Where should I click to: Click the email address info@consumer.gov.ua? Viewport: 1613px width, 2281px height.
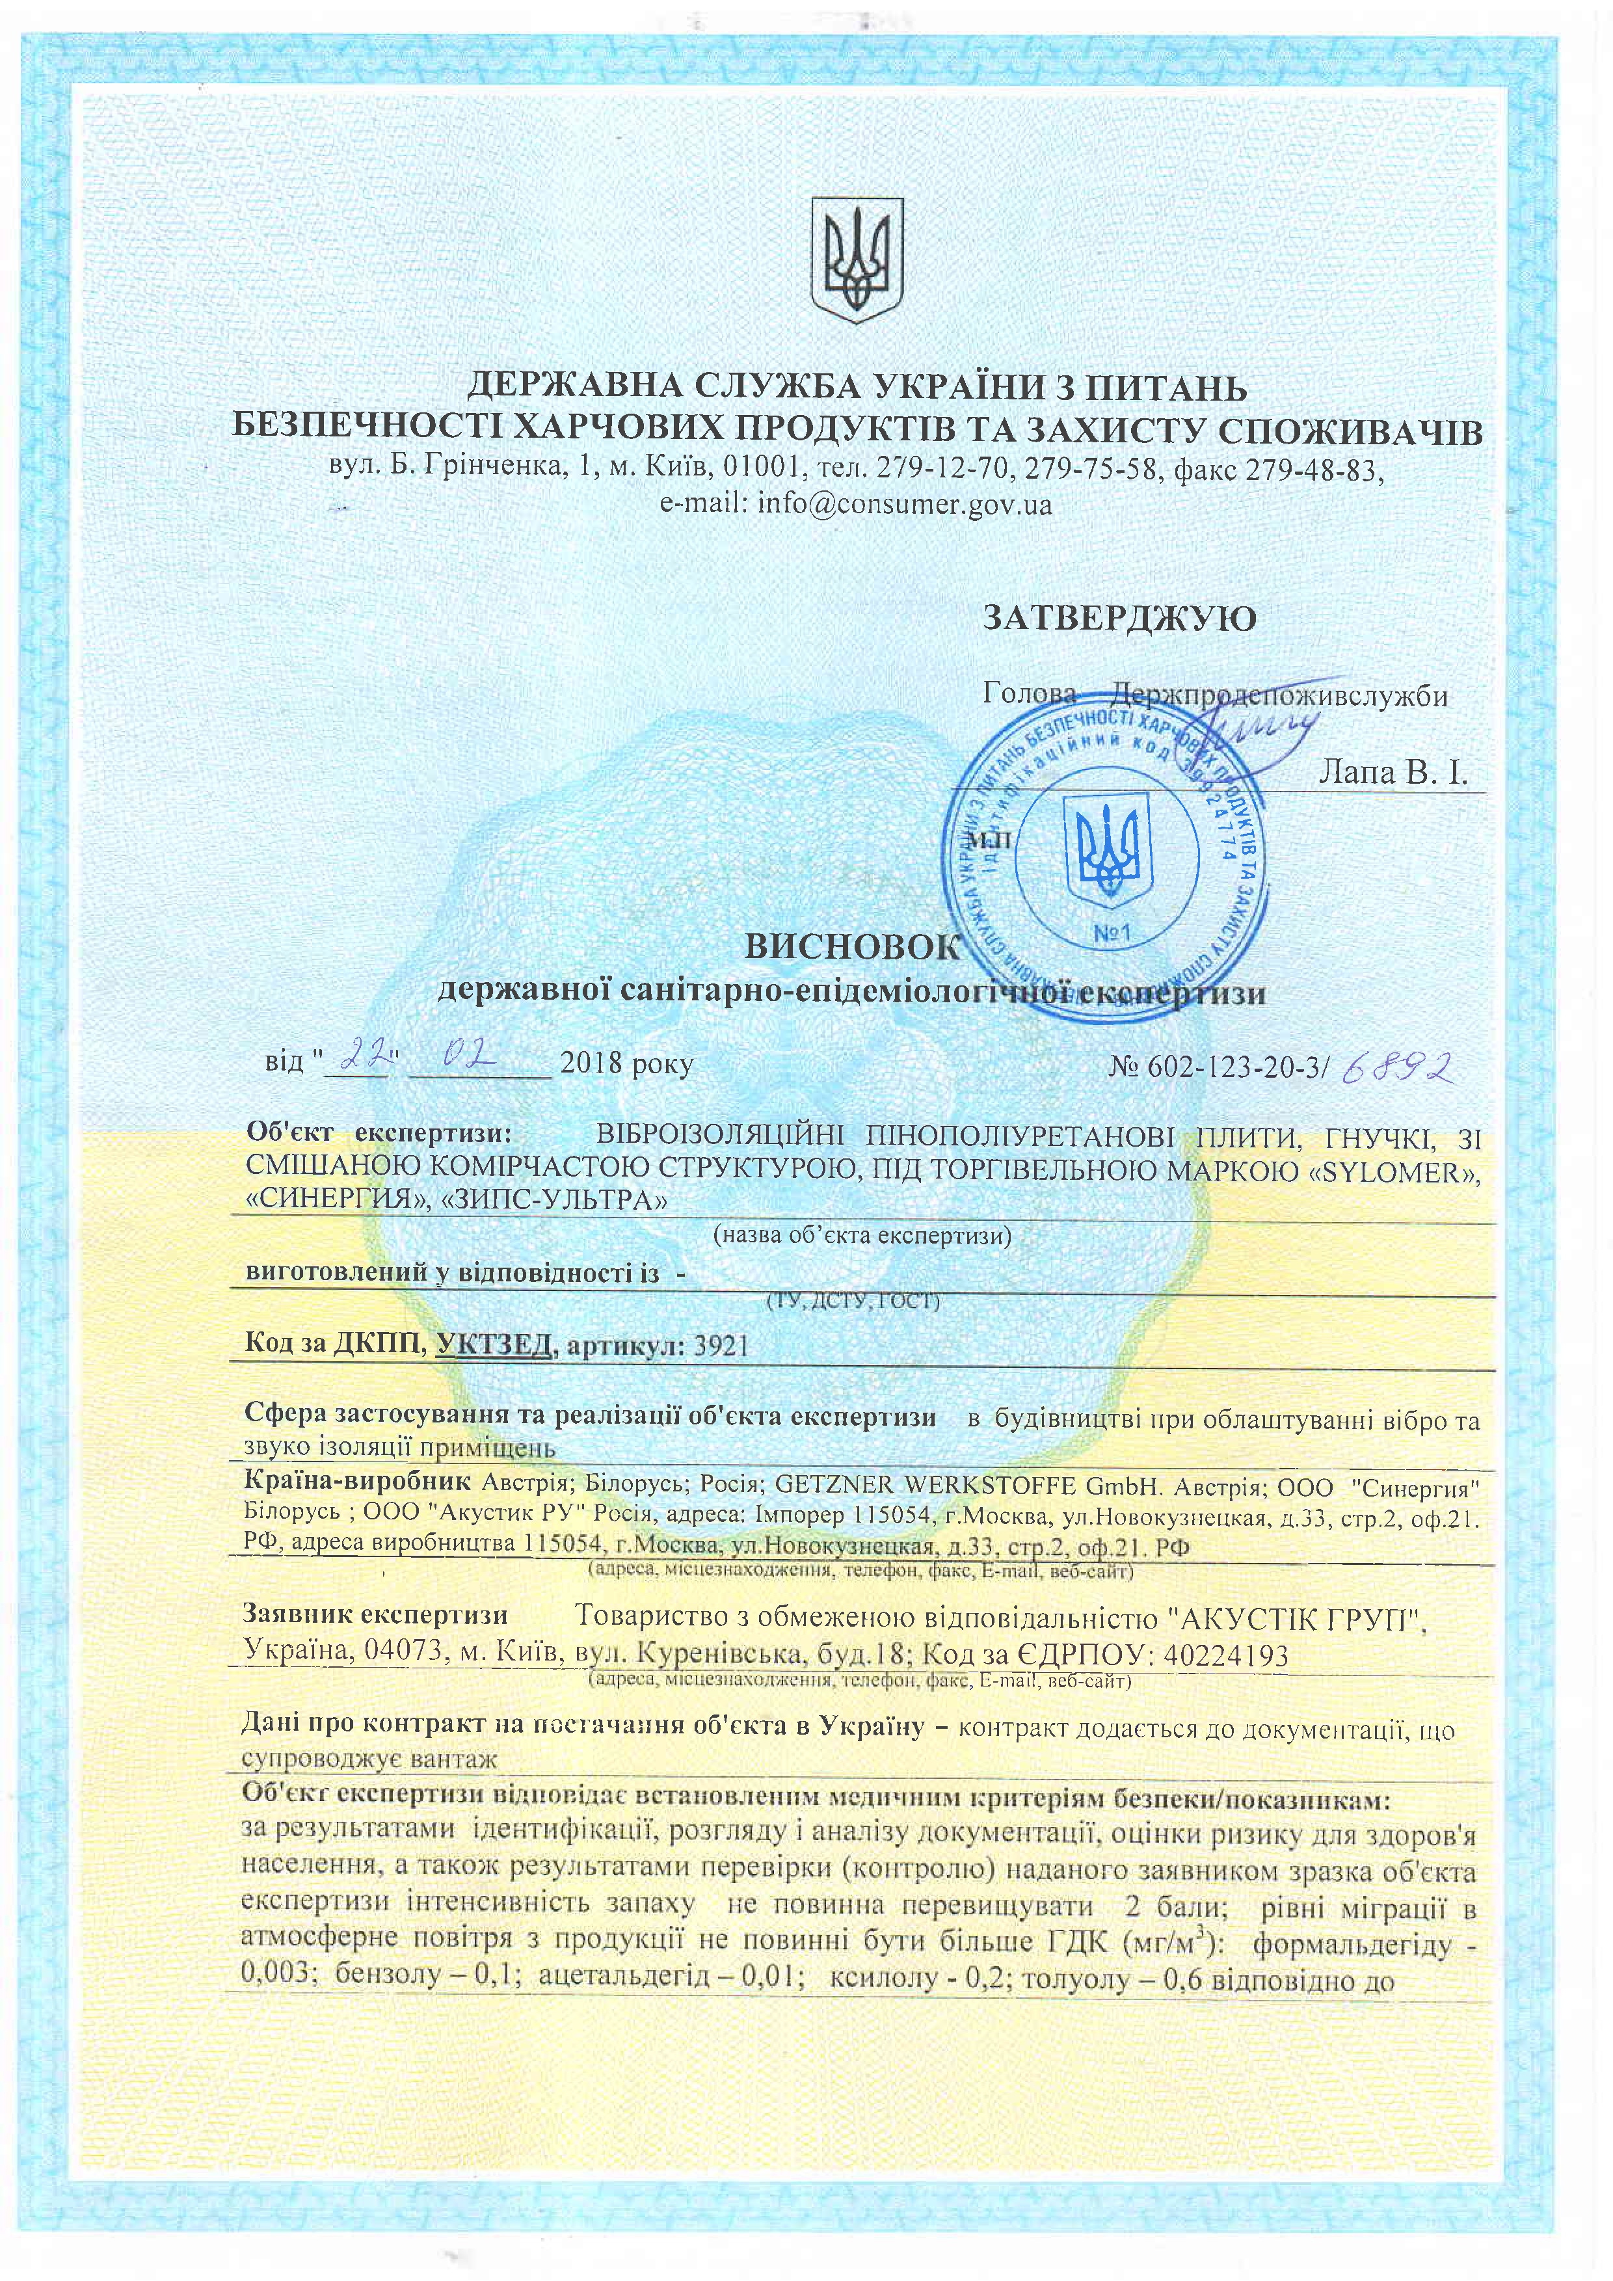pyautogui.click(x=904, y=505)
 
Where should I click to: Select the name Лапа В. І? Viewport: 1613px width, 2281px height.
pyautogui.click(x=1391, y=773)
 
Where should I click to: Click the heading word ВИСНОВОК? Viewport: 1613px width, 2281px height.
pyautogui.click(x=853, y=947)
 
